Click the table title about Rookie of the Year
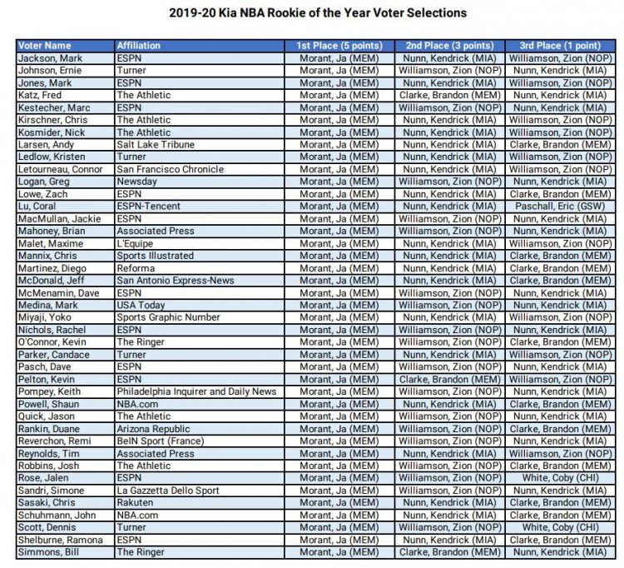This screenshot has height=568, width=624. pos(311,14)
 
